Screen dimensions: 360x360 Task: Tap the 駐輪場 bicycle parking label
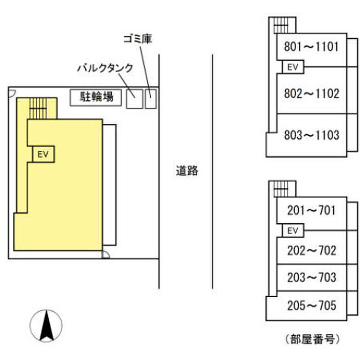(x=96, y=97)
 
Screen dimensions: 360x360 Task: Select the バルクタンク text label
(x=105, y=67)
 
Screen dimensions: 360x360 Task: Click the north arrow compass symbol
(x=46, y=326)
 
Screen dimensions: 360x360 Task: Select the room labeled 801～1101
(x=311, y=47)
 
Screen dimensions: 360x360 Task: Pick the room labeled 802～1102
(x=311, y=94)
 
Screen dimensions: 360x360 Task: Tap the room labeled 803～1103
(x=311, y=135)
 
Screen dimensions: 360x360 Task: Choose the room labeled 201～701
(x=311, y=210)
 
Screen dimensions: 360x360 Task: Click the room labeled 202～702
(x=311, y=250)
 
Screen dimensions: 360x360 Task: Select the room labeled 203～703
(x=311, y=278)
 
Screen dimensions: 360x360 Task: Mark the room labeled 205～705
(x=311, y=306)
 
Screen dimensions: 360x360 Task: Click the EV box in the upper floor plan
(x=293, y=67)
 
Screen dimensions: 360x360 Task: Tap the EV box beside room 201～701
(x=293, y=230)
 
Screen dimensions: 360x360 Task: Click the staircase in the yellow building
(x=39, y=108)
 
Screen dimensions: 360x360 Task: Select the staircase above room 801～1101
(x=281, y=25)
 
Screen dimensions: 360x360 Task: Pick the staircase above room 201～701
(x=281, y=189)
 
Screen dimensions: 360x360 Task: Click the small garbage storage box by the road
(x=150, y=99)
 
